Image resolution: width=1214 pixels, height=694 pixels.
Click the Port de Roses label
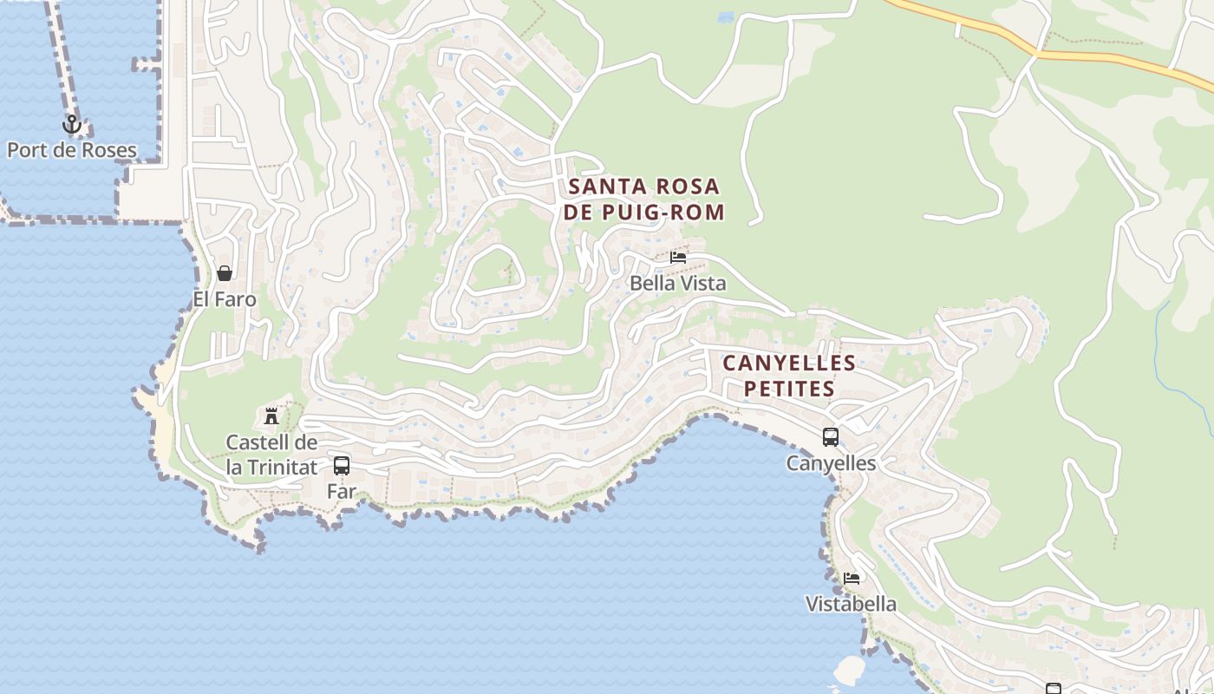(72, 150)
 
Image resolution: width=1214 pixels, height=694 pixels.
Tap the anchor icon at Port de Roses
(72, 125)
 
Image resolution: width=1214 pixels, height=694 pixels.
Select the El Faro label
(225, 300)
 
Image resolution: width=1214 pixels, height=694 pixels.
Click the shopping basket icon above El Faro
(225, 274)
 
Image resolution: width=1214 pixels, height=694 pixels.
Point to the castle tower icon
(271, 416)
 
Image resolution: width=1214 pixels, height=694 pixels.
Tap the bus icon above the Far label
(342, 465)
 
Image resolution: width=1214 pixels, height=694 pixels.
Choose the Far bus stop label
(342, 491)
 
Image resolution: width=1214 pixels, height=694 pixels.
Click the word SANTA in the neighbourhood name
(604, 187)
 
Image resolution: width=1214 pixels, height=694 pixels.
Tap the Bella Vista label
(677, 283)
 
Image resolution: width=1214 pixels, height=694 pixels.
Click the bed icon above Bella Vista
(678, 258)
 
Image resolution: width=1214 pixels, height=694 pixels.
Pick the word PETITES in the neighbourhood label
(789, 389)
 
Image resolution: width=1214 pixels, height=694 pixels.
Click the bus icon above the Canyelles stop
(831, 437)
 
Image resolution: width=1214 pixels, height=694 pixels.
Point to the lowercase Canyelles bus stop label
(831, 463)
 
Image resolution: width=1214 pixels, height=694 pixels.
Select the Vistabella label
(851, 604)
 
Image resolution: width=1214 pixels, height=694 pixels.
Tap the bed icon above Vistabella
(852, 578)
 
